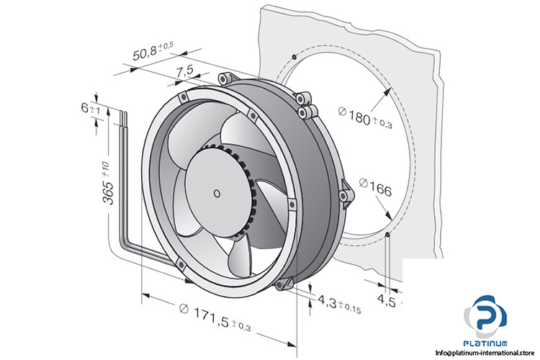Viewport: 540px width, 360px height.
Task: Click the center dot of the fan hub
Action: (x=217, y=192)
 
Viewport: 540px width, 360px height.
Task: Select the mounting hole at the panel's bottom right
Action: (x=388, y=235)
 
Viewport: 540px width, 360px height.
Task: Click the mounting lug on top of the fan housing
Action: (x=225, y=76)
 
